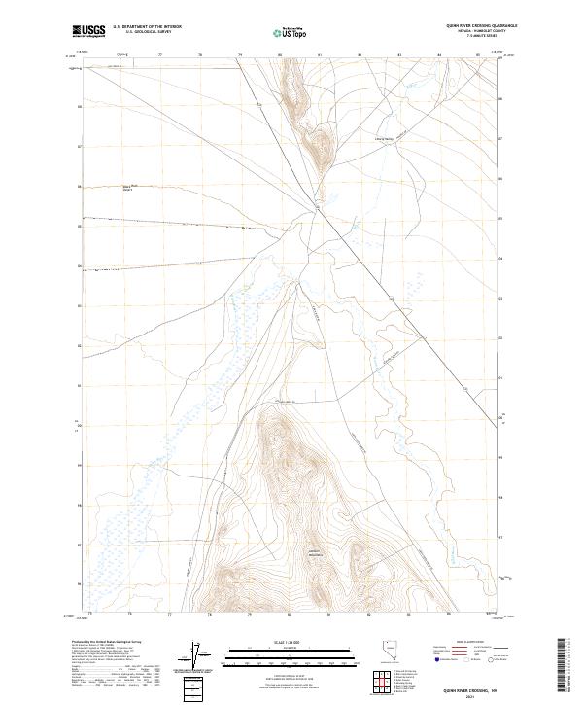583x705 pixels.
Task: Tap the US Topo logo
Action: click(291, 32)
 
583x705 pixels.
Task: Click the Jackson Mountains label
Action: click(315, 554)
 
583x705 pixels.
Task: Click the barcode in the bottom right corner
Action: click(562, 666)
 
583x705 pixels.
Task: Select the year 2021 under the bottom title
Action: click(470, 696)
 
